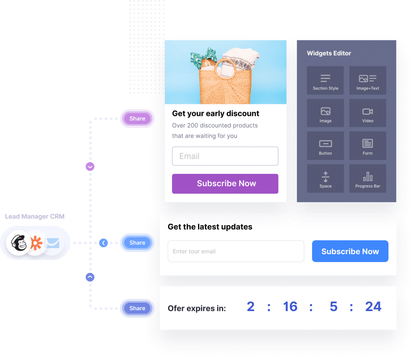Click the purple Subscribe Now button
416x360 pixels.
click(225, 183)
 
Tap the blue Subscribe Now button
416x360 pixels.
click(350, 252)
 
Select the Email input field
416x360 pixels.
click(225, 156)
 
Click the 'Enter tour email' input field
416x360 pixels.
click(236, 252)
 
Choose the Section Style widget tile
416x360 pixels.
click(325, 81)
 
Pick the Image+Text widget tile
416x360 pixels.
click(367, 81)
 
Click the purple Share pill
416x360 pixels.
click(137, 118)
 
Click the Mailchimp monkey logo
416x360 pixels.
click(18, 243)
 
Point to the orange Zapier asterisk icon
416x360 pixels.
click(36, 243)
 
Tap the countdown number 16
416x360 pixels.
click(290, 307)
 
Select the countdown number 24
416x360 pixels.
click(373, 307)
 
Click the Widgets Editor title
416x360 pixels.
click(329, 53)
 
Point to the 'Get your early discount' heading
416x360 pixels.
click(215, 114)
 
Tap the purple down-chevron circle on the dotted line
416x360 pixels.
click(90, 167)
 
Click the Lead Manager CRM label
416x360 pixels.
click(35, 216)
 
